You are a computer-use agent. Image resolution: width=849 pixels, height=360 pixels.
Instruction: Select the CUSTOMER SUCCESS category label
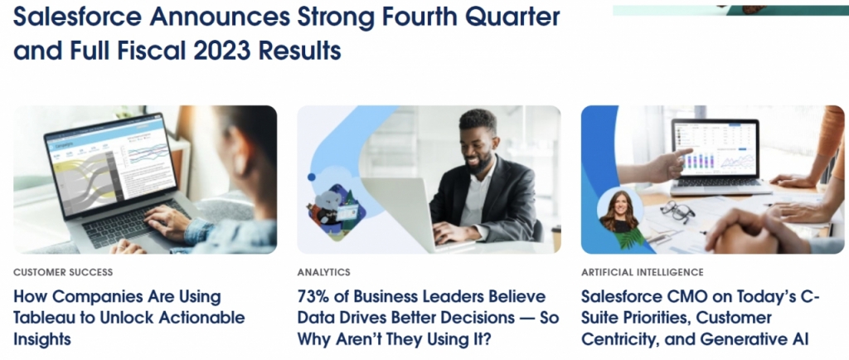63,272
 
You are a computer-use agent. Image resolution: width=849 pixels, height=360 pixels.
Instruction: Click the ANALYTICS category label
323,272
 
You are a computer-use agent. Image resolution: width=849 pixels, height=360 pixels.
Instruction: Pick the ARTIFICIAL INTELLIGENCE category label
642,272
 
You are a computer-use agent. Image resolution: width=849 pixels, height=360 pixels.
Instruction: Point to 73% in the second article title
315,296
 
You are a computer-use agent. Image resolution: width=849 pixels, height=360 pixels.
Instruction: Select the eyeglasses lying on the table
677,211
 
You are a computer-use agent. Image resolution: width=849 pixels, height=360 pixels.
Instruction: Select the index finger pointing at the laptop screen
683,153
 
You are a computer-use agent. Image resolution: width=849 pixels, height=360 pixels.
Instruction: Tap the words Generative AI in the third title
745,338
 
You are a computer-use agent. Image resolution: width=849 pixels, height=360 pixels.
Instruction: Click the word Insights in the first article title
42,338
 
